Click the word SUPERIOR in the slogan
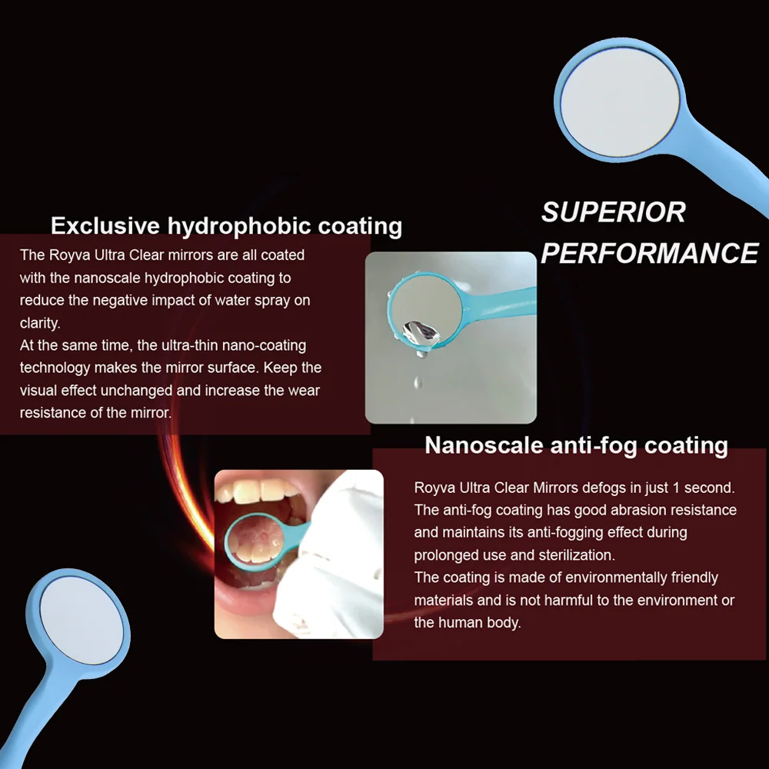[x=613, y=212]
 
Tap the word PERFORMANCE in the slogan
[x=650, y=253]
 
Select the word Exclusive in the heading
[x=105, y=225]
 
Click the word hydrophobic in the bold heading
[x=239, y=227]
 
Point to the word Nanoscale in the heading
[x=484, y=445]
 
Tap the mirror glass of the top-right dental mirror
[x=620, y=102]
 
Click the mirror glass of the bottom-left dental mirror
[x=82, y=620]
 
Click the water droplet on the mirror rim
[x=421, y=336]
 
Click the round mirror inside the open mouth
[x=255, y=541]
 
